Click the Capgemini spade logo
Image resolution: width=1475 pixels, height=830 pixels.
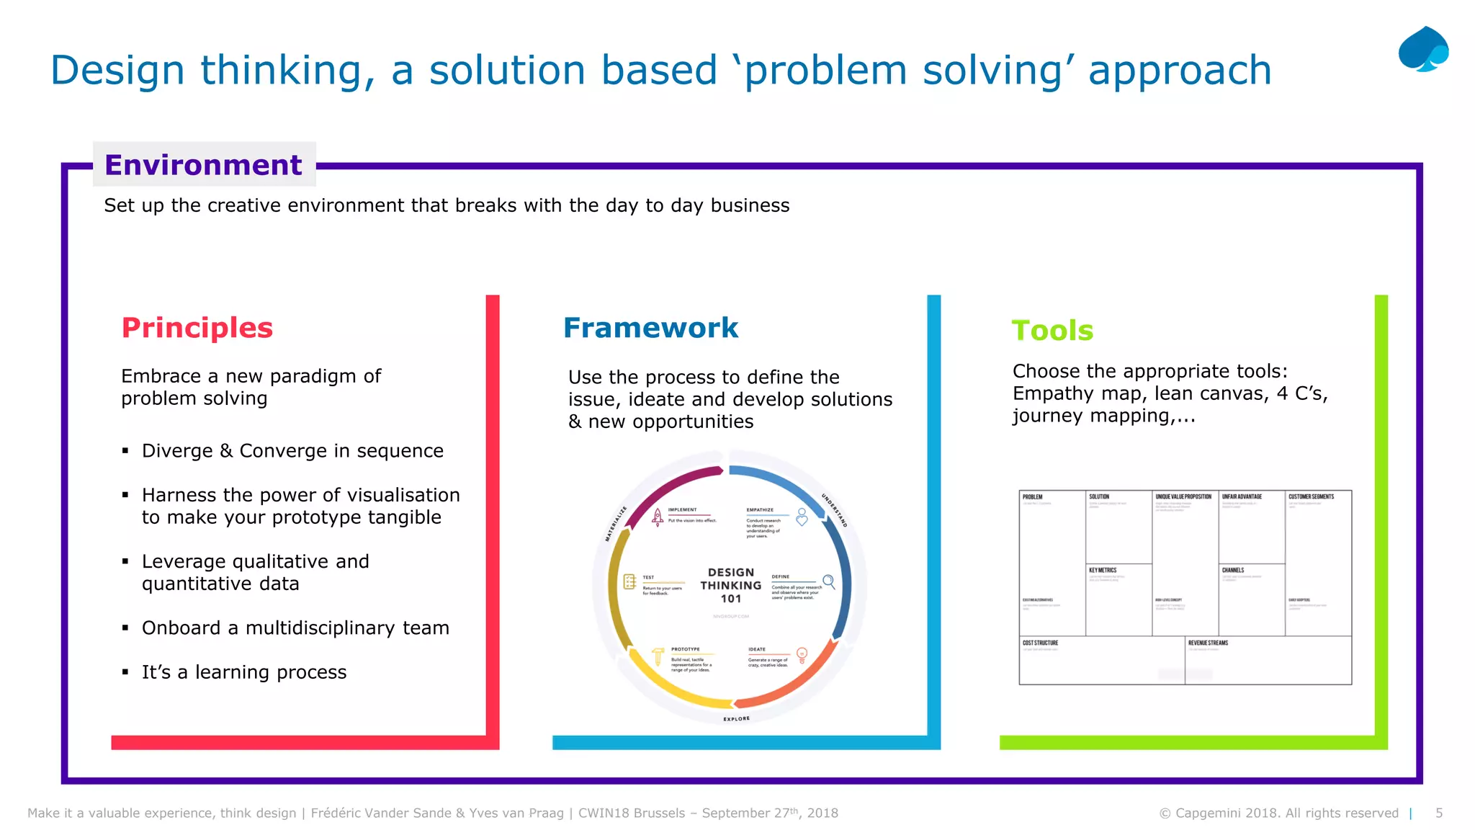[x=1423, y=49]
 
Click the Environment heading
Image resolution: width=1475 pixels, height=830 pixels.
[x=203, y=165]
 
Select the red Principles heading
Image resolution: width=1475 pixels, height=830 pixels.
[x=197, y=328]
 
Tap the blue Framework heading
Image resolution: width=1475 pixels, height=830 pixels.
[x=650, y=328]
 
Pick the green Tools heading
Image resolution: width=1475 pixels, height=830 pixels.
[x=1052, y=331]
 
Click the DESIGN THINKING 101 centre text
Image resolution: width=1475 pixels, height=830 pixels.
[x=730, y=585]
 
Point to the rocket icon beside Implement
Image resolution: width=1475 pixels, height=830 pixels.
[x=658, y=517]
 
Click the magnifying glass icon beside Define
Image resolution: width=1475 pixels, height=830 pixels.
[x=828, y=581]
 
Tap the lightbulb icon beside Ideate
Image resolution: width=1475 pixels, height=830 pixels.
[x=802, y=655]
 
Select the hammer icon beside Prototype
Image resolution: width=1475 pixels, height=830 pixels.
[x=658, y=656]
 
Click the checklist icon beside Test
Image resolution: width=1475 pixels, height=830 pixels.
[x=629, y=582]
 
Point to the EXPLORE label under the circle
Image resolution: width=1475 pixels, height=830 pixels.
[x=736, y=718]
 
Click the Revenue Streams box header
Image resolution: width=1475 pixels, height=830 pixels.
[x=1208, y=643]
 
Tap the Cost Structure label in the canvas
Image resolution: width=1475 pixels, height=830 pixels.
[x=1040, y=643]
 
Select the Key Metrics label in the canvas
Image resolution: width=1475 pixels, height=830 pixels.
[x=1102, y=570]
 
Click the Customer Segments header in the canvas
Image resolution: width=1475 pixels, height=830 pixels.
[x=1311, y=496]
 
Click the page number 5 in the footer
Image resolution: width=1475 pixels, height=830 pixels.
[x=1439, y=813]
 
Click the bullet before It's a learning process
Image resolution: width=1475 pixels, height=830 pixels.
[x=125, y=672]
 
